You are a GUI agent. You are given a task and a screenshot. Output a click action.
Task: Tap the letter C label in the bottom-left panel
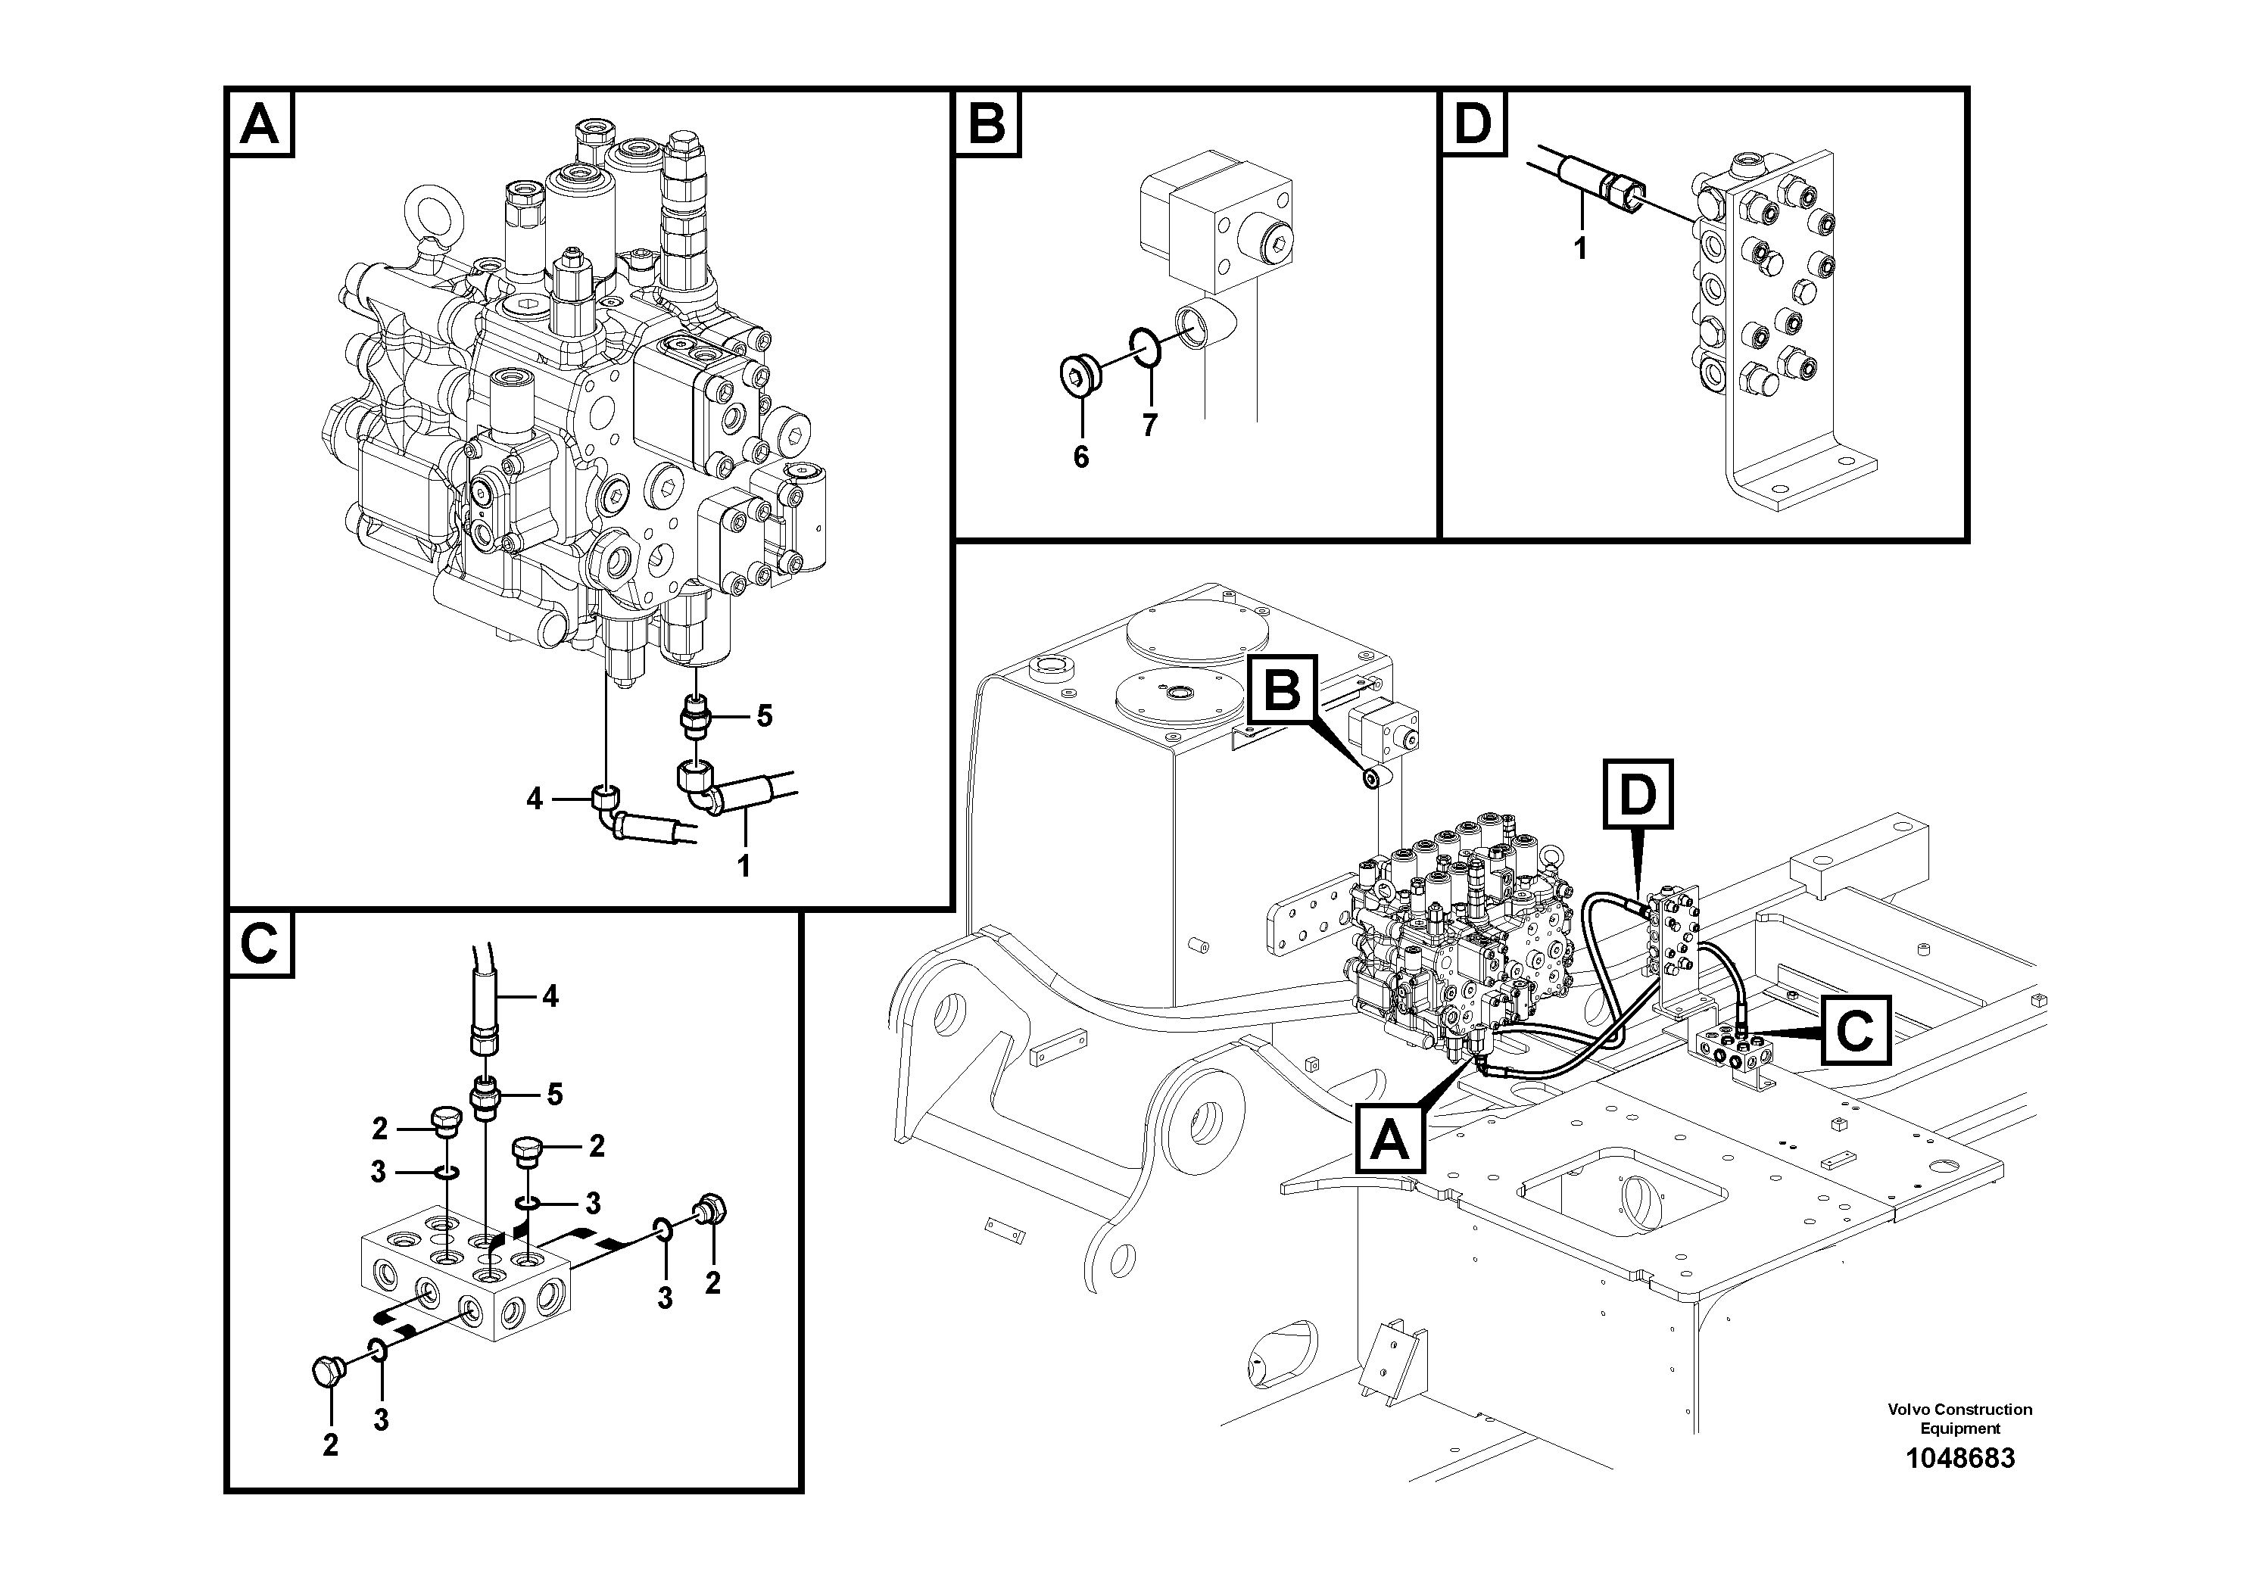pos(260,946)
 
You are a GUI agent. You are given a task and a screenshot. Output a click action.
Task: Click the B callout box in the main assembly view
pos(1281,691)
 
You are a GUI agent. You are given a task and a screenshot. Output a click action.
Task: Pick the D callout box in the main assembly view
pos(1636,793)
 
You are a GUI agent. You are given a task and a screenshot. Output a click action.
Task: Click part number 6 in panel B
pos(1081,457)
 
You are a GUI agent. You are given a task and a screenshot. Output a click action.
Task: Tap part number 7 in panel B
pos(1149,425)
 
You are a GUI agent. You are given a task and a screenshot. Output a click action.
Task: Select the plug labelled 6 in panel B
pos(1079,374)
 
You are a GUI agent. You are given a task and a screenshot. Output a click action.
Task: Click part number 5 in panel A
pos(764,716)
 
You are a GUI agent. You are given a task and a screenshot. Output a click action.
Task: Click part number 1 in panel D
pos(1579,249)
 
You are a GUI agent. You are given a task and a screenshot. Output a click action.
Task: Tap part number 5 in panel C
pos(555,1095)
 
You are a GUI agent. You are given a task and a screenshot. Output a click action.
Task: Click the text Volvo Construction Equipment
pos(1959,1419)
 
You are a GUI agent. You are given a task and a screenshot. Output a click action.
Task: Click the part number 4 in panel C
pos(550,997)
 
